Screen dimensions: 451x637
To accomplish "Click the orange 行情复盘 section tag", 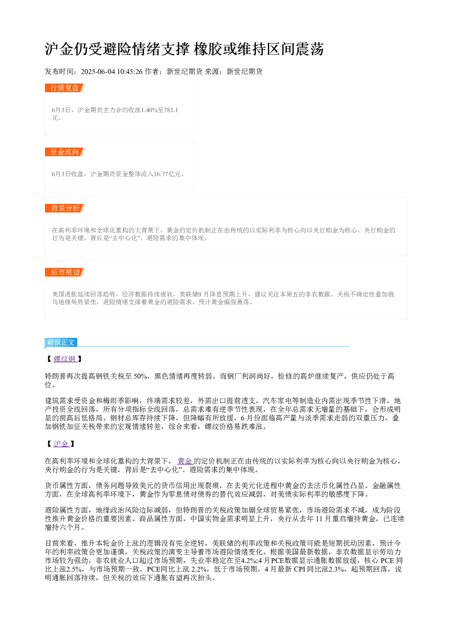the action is point(65,88).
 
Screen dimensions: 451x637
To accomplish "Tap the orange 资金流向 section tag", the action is point(65,152).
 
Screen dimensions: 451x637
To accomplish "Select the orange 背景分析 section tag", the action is point(65,208).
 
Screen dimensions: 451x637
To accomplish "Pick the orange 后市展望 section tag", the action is point(65,272).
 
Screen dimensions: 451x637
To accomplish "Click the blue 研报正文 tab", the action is point(61,342).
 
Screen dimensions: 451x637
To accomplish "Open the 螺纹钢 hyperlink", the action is point(65,359).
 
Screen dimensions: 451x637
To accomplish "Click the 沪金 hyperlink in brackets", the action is point(61,444).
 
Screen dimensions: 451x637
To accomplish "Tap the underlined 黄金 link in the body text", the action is point(185,461).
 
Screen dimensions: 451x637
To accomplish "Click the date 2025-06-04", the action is point(98,72).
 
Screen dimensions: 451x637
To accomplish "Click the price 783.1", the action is point(171,110).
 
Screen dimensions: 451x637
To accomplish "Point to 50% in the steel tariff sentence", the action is point(140,376).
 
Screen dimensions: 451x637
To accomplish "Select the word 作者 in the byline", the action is point(152,72).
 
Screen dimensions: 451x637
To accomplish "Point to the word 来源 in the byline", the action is point(212,72).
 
